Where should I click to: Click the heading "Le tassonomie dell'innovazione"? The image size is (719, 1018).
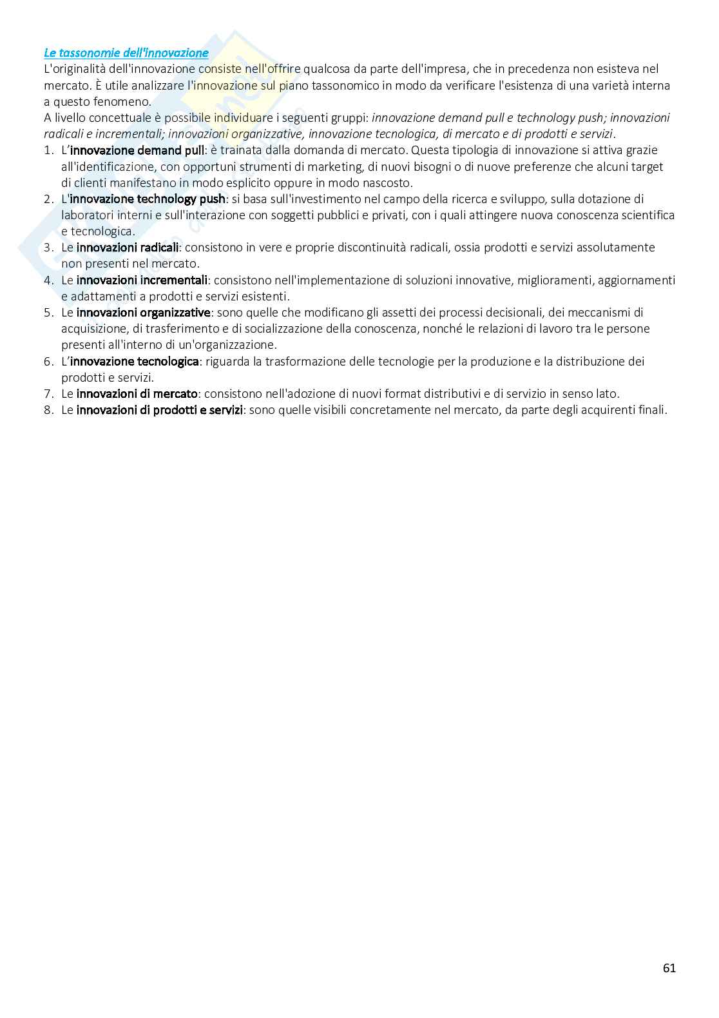[x=126, y=53]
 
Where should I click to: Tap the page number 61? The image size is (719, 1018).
[x=669, y=968]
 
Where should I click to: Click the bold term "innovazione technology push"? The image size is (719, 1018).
[x=148, y=199]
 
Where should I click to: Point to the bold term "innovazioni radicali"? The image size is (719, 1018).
[x=128, y=248]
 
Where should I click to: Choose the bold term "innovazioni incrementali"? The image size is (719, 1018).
[x=142, y=280]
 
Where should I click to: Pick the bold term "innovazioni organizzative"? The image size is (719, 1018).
[x=143, y=312]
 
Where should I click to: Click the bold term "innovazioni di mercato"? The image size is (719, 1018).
[x=137, y=393]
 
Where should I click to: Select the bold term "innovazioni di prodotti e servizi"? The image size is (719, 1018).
[x=159, y=409]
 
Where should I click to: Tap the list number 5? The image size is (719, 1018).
[x=48, y=312]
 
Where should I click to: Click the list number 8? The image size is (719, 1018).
[x=48, y=409]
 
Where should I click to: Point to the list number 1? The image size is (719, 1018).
[x=48, y=150]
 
